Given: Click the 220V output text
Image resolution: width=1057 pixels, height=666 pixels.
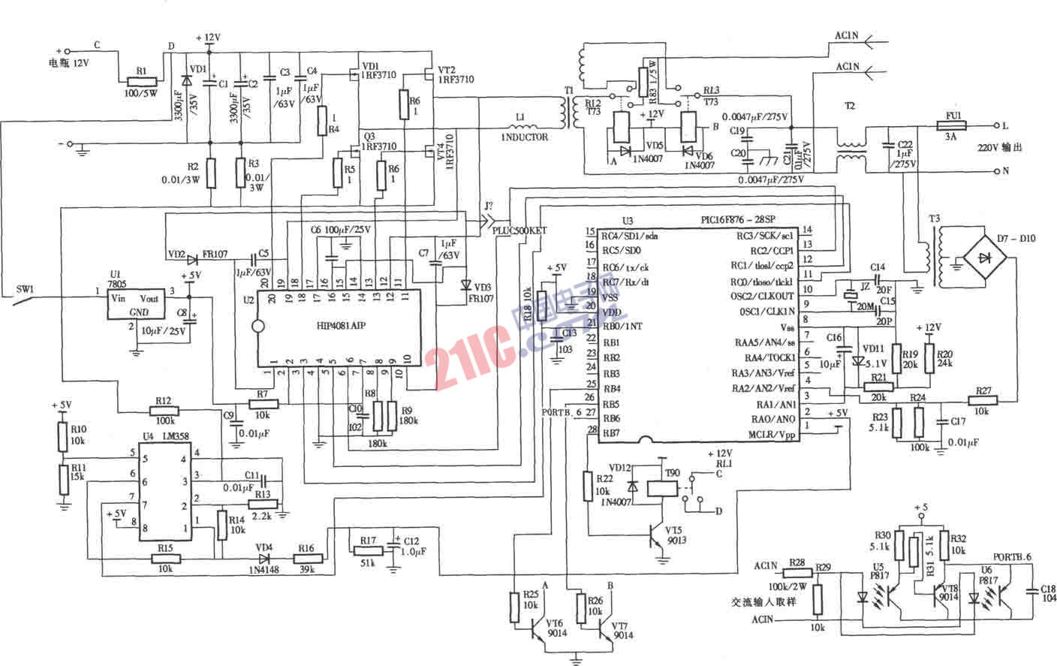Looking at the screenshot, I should click(x=999, y=147).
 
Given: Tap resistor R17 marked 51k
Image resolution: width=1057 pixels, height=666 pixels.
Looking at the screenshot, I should click(x=368, y=552).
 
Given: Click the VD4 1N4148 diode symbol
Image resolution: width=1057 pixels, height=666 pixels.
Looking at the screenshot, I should click(x=264, y=558).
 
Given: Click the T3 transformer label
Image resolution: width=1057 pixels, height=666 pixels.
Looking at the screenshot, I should click(x=934, y=218).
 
